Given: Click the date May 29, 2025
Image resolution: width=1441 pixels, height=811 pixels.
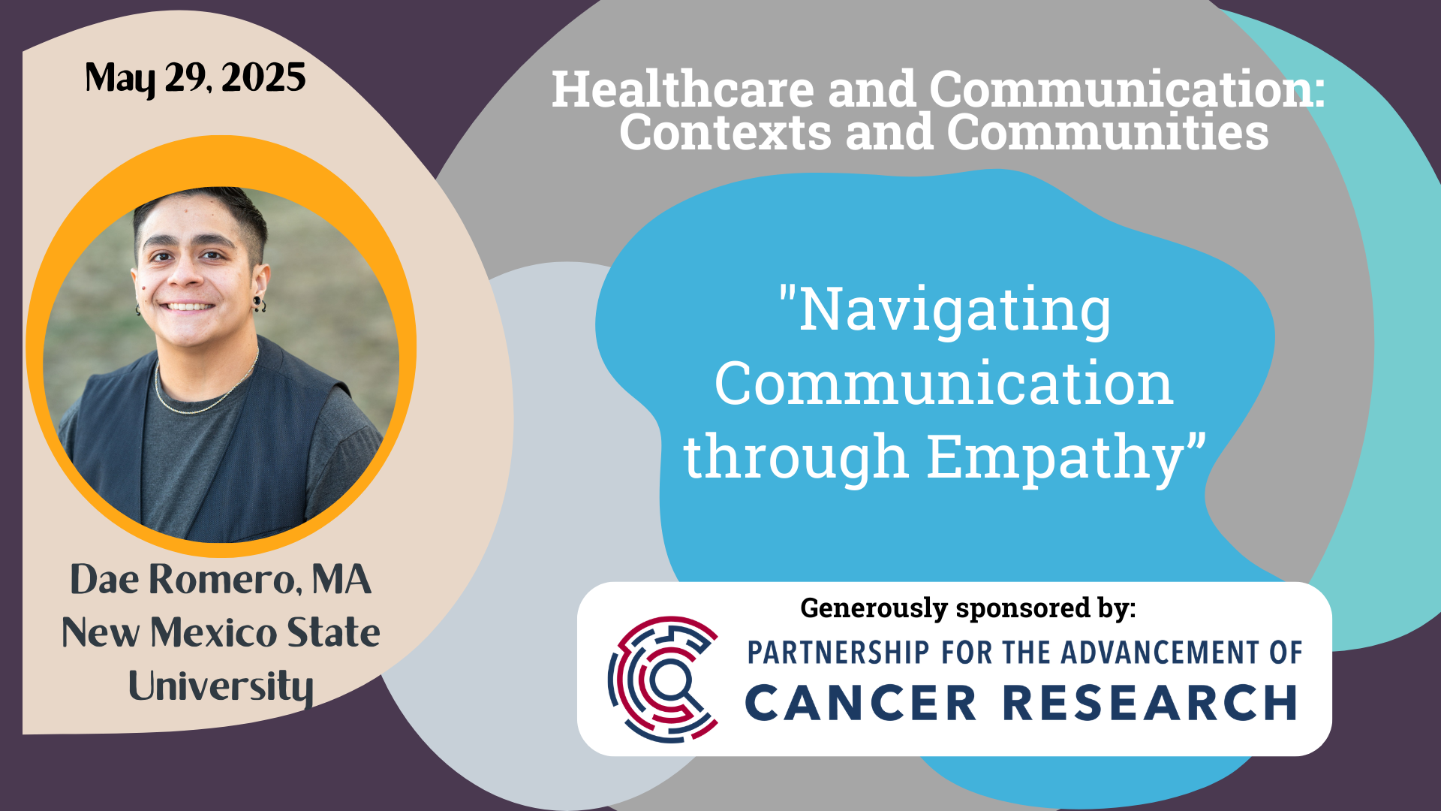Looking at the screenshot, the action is coord(195,78).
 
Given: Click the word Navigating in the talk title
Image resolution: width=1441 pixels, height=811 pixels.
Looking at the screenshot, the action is coord(945,311).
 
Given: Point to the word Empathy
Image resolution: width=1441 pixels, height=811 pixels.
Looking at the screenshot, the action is coord(1066,457).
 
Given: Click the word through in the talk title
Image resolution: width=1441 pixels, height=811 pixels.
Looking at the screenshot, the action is coord(796,456).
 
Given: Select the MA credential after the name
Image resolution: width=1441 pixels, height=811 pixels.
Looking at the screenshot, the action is coord(341,579).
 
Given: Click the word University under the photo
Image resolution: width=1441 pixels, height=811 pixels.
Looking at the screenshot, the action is coord(221,686).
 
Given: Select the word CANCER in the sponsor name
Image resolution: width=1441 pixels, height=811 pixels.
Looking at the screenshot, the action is coord(861,703).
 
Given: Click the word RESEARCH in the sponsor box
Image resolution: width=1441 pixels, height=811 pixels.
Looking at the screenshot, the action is coord(1151,703).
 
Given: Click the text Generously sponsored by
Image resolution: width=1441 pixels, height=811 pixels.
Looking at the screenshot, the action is coord(968,607).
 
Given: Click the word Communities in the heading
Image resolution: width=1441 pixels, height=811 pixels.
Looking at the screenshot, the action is coord(1108,132).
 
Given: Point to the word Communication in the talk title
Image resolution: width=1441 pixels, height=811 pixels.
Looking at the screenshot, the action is coord(944,384).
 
